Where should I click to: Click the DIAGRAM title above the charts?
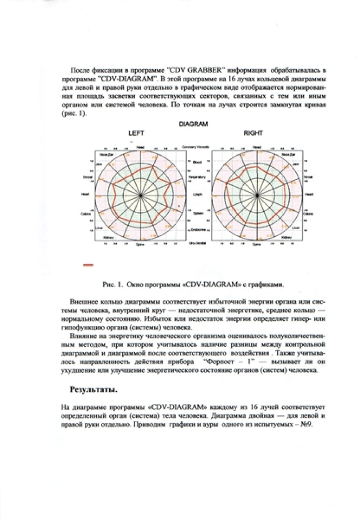(x=193, y=124)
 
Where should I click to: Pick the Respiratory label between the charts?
(x=196, y=177)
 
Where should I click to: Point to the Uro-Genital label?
(x=196, y=244)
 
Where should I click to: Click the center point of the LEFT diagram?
(x=141, y=195)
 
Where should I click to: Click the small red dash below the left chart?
(x=88, y=264)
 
